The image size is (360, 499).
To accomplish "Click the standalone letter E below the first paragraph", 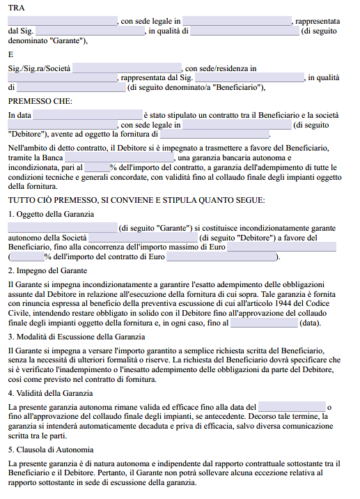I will click(11, 54).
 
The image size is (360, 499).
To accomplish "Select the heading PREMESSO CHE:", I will click(40, 101).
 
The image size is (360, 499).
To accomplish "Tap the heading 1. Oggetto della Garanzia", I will click(50, 213).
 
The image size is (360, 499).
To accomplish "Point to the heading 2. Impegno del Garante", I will click(47, 270).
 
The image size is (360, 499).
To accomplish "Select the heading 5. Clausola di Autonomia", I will click(50, 450).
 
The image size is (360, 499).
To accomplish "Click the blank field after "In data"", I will click(87, 114).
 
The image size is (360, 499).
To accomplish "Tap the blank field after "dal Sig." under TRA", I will click(88, 31).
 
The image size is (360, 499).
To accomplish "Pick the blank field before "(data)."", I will click(263, 323).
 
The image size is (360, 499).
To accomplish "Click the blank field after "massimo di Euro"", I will click(282, 247).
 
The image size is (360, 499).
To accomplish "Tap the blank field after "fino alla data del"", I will click(291, 406).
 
